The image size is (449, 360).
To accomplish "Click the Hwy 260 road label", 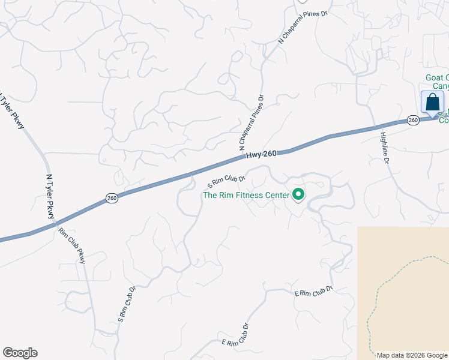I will tap(261, 155).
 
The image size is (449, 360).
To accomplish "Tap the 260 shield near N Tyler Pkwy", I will tap(112, 198).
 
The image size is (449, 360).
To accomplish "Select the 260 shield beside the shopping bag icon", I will tap(413, 120).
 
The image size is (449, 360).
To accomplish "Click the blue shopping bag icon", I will tap(432, 103).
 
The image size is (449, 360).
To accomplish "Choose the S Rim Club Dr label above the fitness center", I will tap(226, 179).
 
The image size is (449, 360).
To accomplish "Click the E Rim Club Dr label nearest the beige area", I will tap(313, 292).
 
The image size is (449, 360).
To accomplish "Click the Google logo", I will tap(20, 353).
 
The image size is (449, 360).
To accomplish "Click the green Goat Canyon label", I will tap(436, 82).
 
